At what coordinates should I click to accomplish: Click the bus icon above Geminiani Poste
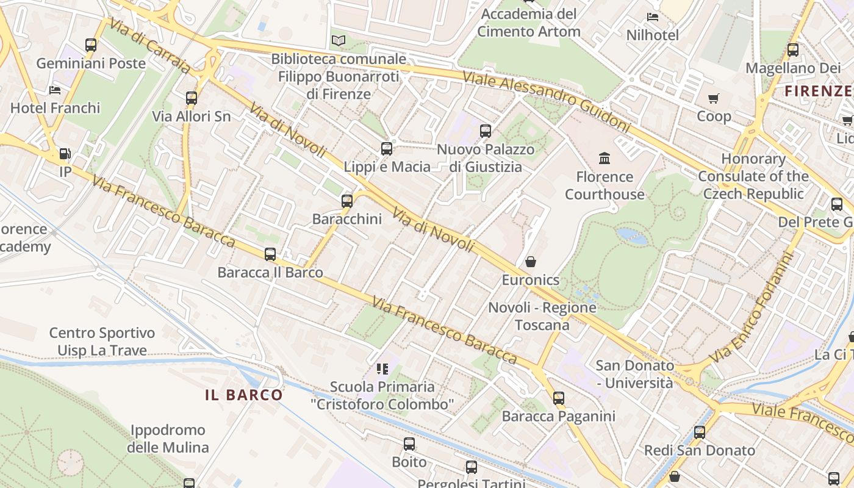click(x=91, y=45)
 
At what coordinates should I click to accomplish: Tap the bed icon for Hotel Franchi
click(x=55, y=90)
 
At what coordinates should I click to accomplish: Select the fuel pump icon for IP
click(x=65, y=154)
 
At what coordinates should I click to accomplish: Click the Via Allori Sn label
click(x=191, y=116)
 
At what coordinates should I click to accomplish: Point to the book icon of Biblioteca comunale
click(x=338, y=41)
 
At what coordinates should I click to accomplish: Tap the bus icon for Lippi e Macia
click(x=386, y=149)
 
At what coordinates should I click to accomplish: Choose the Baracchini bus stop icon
click(x=347, y=201)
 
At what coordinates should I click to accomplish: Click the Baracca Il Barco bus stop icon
click(x=270, y=254)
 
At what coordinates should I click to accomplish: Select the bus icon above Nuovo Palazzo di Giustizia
click(x=486, y=131)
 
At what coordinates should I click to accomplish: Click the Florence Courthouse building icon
click(x=605, y=159)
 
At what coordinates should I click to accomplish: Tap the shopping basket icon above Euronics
click(x=531, y=262)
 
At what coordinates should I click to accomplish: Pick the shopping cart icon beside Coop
click(x=714, y=98)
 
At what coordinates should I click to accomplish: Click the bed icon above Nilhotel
click(x=653, y=17)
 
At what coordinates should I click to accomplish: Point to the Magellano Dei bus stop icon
click(x=793, y=50)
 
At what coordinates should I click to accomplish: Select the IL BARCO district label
click(x=244, y=395)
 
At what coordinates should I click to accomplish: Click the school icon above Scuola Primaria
click(x=382, y=368)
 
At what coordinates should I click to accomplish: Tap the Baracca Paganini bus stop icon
click(x=559, y=398)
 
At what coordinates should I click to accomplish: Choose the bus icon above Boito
click(x=409, y=444)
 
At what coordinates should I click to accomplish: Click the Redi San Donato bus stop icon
click(x=700, y=432)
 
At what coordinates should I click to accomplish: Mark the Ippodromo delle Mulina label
click(x=168, y=439)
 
